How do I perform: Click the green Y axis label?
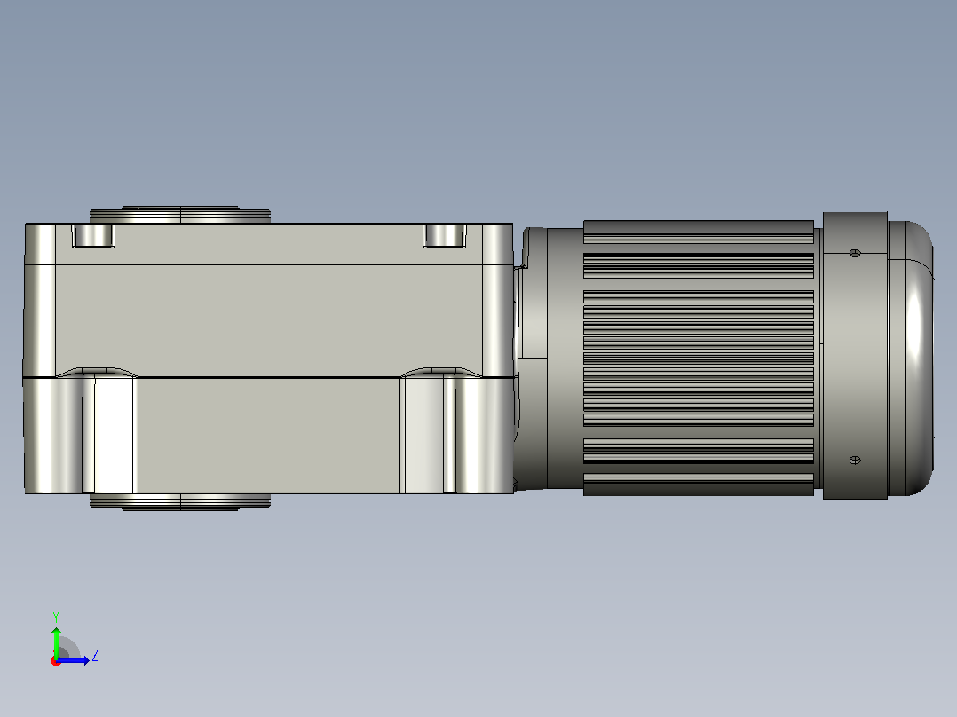[56, 617]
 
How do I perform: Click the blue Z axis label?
[95, 656]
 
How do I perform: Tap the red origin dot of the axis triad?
[56, 661]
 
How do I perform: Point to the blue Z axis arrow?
[73, 660]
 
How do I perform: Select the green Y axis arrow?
[56, 643]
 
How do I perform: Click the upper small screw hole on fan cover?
[855, 253]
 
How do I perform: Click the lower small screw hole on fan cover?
[855, 460]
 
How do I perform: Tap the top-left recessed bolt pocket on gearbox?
[93, 235]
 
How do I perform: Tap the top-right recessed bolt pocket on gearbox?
[445, 235]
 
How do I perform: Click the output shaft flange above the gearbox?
[180, 215]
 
